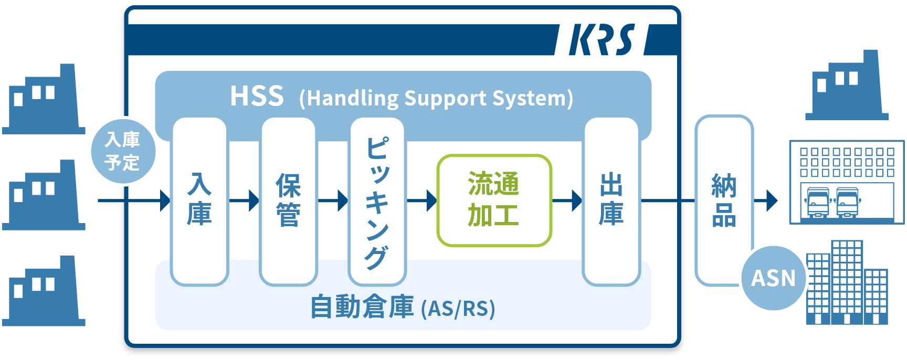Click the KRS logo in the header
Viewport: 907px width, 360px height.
coord(602,40)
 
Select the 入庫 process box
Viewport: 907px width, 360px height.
coord(199,200)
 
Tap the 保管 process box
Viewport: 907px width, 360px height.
coord(288,200)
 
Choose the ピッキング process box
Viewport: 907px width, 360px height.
coord(377,200)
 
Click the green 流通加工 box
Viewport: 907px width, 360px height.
coord(494,200)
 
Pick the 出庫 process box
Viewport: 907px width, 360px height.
coord(611,200)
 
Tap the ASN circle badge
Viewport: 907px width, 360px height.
coord(774,278)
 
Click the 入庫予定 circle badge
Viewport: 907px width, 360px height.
coord(122,151)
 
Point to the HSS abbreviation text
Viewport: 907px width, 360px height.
coord(257,97)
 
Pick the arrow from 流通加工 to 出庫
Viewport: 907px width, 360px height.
coord(568,200)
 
